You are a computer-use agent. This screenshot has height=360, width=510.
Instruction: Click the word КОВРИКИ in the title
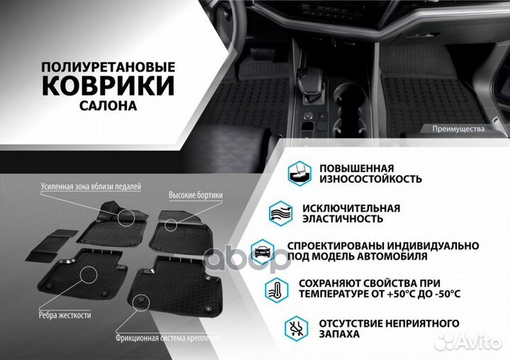pyautogui.click(x=108, y=85)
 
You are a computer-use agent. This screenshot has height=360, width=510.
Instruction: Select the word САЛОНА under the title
pyautogui.click(x=108, y=106)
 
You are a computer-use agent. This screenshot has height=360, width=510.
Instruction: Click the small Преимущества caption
pyautogui.click(x=457, y=128)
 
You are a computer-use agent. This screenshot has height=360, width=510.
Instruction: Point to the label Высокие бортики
pyautogui.click(x=195, y=194)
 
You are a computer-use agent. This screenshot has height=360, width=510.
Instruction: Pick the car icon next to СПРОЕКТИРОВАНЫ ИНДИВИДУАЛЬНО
pyautogui.click(x=262, y=250)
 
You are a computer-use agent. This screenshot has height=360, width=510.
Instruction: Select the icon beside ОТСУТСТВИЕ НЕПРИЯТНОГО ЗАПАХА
pyautogui.click(x=299, y=327)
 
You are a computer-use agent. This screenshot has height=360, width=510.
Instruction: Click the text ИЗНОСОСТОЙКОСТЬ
pyautogui.click(x=370, y=179)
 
